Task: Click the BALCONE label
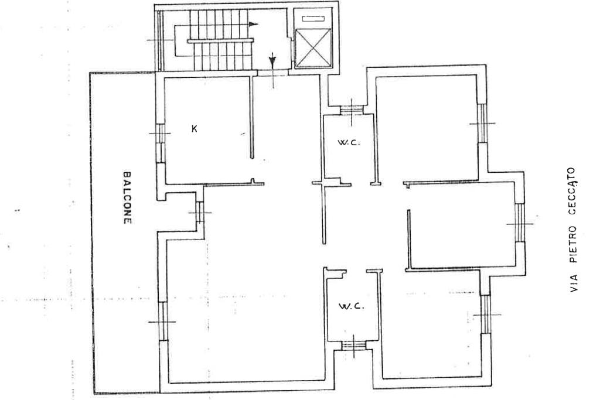click(x=127, y=197)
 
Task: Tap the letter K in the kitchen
click(x=195, y=129)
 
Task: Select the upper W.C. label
click(x=349, y=143)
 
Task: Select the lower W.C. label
click(x=350, y=306)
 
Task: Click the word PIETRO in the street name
click(x=573, y=244)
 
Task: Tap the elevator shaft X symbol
click(x=313, y=48)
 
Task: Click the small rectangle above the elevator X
click(x=313, y=18)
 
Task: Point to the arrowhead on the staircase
click(x=253, y=24)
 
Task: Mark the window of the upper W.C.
click(x=352, y=110)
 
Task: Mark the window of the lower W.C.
click(x=354, y=346)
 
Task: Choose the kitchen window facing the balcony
click(x=161, y=143)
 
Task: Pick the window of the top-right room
click(x=483, y=123)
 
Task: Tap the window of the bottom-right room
click(x=486, y=314)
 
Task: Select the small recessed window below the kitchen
click(x=199, y=212)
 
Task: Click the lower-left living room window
click(x=163, y=321)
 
